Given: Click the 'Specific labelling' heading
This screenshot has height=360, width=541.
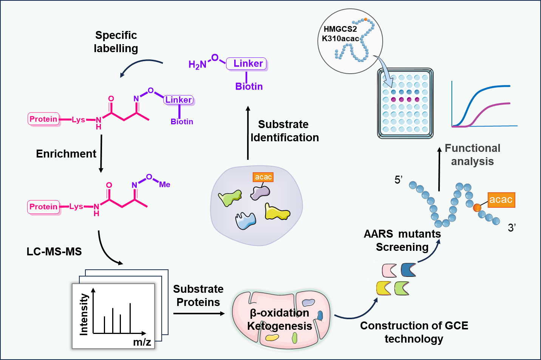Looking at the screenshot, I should point(116,42).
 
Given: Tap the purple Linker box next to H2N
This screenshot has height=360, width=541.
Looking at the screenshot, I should point(247,63).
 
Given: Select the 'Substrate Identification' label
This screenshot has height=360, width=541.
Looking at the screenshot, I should point(284,131).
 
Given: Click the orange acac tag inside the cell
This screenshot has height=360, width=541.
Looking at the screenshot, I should point(263,177).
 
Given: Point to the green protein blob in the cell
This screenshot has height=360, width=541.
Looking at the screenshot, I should point(230,198).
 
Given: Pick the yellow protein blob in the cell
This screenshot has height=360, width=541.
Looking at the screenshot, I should point(277,213).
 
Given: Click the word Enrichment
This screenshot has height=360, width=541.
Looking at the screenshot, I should point(66,154).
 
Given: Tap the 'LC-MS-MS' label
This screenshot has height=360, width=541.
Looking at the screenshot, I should point(54,252).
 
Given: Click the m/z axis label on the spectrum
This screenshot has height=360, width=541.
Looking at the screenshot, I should point(142,342).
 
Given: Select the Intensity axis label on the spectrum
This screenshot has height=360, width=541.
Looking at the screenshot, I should point(84,314).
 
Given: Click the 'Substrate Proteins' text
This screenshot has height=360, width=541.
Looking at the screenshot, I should point(198,295).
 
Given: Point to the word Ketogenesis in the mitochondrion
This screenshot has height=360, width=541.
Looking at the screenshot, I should point(280,326).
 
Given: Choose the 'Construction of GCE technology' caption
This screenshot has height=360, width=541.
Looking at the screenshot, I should point(414,332).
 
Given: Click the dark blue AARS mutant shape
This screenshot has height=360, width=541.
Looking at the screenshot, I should point(408,270).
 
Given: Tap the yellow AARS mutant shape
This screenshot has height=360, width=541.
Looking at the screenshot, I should point(383,288).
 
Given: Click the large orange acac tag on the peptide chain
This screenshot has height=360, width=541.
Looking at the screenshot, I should point(501,200).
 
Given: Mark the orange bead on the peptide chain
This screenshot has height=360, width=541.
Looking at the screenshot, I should point(477,207).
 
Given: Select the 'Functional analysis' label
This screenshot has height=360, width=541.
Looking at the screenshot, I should point(472,155).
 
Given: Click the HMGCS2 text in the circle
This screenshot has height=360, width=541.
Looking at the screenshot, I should point(340,29).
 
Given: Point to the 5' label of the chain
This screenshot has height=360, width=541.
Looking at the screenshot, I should point(399,180).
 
